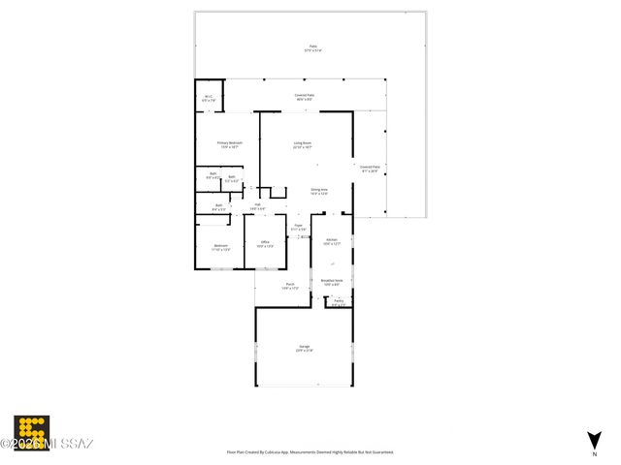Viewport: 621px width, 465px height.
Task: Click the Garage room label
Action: point(304,349)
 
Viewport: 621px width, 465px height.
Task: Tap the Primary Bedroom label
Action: point(229,144)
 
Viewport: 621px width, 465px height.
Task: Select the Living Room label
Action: point(303,144)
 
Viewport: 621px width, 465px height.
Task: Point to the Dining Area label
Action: point(318,191)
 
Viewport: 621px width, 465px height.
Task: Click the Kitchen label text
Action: point(331,240)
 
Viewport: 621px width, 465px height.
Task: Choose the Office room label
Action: point(264,245)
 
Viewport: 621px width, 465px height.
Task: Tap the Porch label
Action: point(289,286)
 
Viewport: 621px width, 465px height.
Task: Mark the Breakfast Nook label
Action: point(332,282)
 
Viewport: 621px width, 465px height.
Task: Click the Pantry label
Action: point(339,302)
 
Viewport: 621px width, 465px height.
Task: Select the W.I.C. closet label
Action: point(209,97)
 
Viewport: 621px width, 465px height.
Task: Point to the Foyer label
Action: point(298,227)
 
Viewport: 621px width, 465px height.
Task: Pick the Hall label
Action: point(258,205)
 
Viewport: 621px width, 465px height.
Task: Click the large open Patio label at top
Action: point(312,47)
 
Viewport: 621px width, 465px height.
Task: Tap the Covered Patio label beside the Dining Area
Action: point(370,169)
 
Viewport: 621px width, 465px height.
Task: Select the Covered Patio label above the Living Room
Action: point(304,96)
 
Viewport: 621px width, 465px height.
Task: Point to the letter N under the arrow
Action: point(594,453)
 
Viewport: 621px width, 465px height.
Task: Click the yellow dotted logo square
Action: point(31,430)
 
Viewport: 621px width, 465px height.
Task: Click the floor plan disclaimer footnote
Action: point(310,452)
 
